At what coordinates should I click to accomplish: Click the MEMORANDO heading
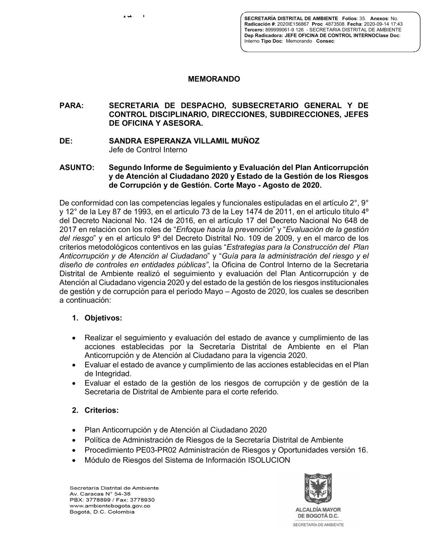coord(214,79)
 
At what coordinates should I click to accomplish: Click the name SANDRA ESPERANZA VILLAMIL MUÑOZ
coord(184,141)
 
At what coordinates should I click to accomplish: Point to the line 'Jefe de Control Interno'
coord(148,150)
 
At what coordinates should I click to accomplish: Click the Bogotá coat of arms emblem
coord(318,488)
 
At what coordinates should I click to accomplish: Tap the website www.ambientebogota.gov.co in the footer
coord(110,506)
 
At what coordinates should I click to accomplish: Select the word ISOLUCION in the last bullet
coord(269,460)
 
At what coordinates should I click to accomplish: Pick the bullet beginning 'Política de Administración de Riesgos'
coord(214,440)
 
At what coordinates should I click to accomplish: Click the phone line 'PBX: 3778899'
coord(90,500)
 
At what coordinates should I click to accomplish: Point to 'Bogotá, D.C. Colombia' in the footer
coord(102,512)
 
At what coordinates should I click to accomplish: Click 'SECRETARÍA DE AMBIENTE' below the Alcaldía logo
coord(318,525)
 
